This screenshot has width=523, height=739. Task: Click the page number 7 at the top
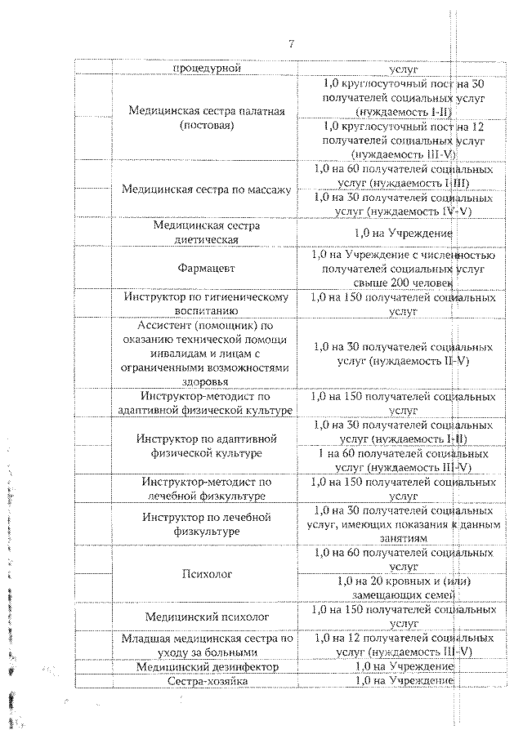coord(291,43)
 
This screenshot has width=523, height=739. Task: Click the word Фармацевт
coord(206,267)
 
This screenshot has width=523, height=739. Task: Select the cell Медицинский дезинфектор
coord(206,667)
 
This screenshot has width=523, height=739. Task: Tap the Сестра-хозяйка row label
coord(206,681)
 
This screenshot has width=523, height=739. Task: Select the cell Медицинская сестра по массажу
coord(206,189)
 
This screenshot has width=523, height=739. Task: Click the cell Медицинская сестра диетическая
coord(206,233)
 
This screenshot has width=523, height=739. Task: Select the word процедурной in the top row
coord(206,68)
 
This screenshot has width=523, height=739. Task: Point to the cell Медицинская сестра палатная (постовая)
coord(206,118)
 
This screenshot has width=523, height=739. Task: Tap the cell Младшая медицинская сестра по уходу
coord(206,645)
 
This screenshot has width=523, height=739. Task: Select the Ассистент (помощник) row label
coord(206,353)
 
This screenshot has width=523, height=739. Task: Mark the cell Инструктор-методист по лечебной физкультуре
coord(206,488)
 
